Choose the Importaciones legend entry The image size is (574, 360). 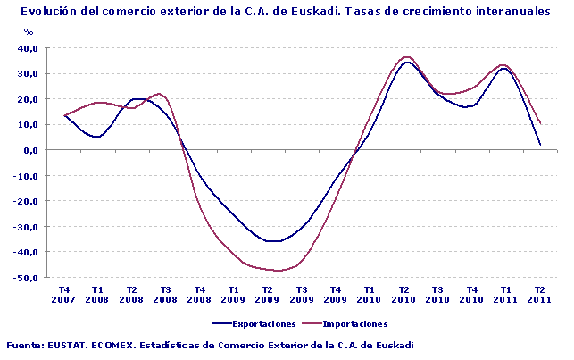pos(354,323)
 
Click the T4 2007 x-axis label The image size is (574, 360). pos(63,295)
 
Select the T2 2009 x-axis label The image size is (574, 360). pos(267,295)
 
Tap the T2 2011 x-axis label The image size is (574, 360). pos(539,295)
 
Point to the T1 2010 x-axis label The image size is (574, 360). pos(370,295)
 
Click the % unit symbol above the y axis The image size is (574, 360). pos(29,32)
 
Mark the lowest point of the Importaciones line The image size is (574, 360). pos(279,271)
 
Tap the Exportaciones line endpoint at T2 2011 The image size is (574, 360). pos(540,144)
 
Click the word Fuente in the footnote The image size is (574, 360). pos(24,345)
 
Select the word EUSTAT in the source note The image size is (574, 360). pos(70,345)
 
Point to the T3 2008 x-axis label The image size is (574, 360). pos(165,295)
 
